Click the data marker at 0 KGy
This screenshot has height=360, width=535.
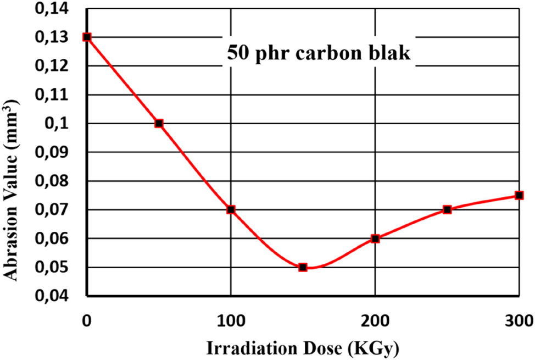click(87, 37)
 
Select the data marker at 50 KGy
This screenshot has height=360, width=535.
click(159, 123)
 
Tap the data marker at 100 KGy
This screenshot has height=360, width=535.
click(231, 209)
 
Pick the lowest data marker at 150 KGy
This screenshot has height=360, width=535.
click(303, 267)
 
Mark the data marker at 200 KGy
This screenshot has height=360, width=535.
click(375, 239)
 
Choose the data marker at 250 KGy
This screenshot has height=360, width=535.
click(447, 209)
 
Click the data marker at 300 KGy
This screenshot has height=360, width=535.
click(519, 195)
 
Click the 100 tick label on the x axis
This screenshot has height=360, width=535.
click(231, 320)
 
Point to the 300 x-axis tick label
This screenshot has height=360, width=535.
click(519, 320)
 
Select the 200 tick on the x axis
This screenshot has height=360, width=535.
click(375, 320)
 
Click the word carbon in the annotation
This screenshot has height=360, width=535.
click(326, 55)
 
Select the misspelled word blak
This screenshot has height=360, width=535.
click(388, 55)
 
